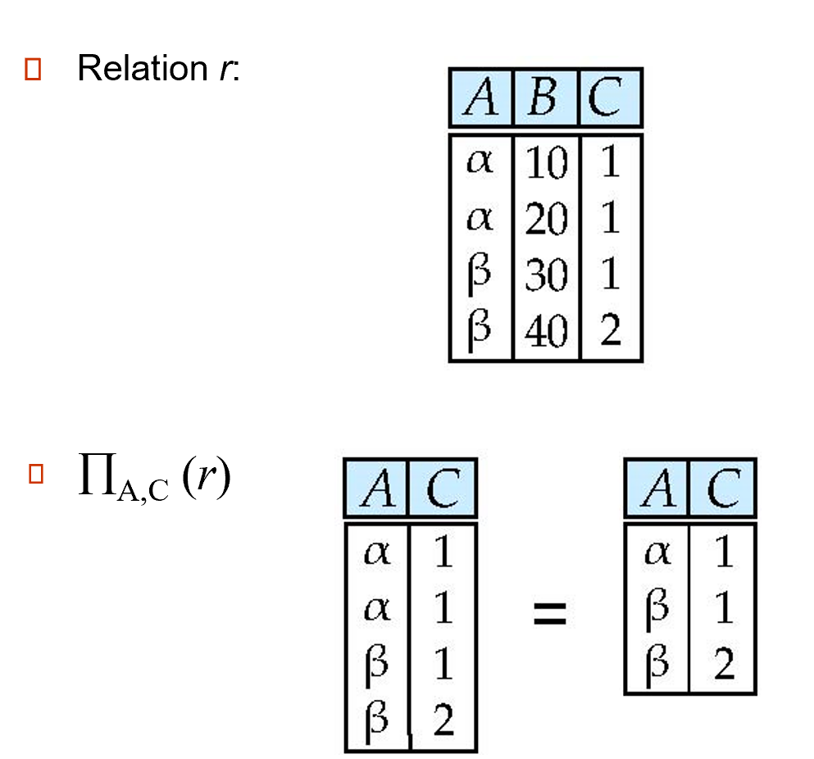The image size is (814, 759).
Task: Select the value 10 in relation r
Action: [545, 165]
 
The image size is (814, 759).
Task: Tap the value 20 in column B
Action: [545, 220]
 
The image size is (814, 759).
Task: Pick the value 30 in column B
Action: [545, 275]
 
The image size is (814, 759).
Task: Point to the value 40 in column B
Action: [545, 330]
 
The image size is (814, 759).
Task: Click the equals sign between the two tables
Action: [550, 613]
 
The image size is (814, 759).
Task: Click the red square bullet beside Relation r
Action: [33, 70]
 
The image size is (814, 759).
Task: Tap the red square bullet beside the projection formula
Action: [35, 475]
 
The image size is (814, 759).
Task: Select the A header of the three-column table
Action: [480, 98]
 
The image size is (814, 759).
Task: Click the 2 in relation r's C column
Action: [609, 330]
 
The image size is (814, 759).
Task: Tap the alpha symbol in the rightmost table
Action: [657, 554]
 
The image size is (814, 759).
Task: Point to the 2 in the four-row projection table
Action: [443, 721]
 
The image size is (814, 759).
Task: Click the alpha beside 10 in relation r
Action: [480, 161]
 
